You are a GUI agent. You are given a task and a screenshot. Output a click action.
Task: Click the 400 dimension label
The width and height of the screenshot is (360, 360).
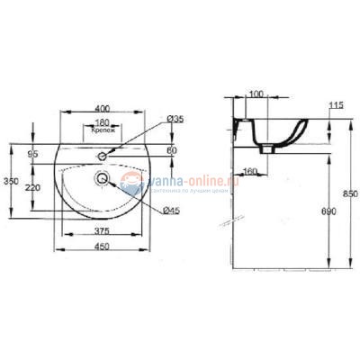103,108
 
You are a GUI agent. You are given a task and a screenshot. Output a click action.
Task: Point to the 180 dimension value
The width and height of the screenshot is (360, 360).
103,122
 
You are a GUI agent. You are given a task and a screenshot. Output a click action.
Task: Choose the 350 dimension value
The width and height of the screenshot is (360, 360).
11,181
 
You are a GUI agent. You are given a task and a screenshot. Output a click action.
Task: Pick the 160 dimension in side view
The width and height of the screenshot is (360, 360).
250,170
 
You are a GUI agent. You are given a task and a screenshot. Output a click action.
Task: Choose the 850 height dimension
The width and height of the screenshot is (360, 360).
350,192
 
